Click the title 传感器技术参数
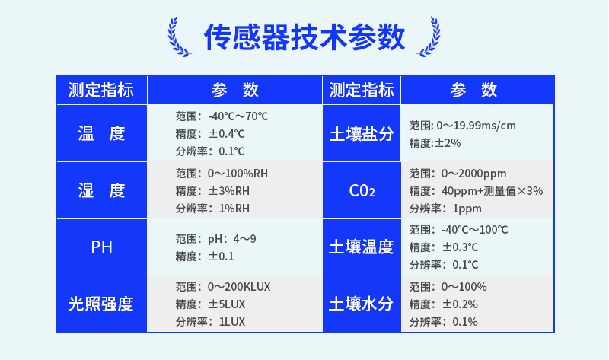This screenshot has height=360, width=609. pos(304,37)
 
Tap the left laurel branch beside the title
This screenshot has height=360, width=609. pos(179,37)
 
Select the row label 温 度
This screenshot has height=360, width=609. pos(101,134)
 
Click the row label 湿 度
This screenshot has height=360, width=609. pos(101,191)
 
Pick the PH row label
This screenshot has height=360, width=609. pos(101,247)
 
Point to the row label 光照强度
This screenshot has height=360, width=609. pos(101,304)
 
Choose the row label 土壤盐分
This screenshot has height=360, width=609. pos(362,135)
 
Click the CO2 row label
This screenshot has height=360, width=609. pos(362,191)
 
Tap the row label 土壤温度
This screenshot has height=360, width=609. pos(362,247)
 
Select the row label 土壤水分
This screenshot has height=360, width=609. pos(362,304)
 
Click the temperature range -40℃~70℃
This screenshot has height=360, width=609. pos(238,116)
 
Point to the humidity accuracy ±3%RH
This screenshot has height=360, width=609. pos(229,191)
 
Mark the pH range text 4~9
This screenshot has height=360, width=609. pos(244,239)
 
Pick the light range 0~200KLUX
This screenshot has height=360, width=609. pos(239,287)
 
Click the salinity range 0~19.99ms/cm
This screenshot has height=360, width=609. pos(477,126)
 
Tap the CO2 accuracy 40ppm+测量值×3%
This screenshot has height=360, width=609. pos(492,191)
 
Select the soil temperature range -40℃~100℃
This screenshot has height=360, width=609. pos(474,230)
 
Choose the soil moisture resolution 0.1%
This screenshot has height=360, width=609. pos(465,322)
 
